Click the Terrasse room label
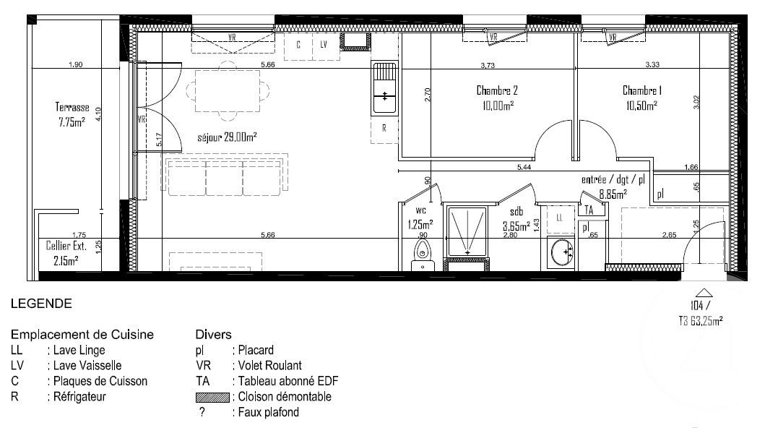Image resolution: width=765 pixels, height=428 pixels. (x=72, y=107)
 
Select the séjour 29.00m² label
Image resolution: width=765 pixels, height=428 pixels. (x=227, y=137)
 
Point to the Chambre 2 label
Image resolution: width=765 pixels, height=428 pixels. (x=497, y=90)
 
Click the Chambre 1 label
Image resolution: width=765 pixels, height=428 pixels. (x=642, y=90)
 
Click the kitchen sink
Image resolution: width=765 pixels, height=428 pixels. (x=384, y=88)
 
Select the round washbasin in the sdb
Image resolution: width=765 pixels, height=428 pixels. (x=561, y=252)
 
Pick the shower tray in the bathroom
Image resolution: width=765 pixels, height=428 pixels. (x=467, y=232)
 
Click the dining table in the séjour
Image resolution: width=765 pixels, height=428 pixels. (x=227, y=91)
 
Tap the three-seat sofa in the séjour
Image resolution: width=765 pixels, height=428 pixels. (x=226, y=176)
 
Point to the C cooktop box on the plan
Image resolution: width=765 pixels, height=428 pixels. (x=298, y=46)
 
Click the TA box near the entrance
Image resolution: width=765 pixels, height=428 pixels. (x=590, y=210)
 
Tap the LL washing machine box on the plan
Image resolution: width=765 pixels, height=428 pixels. (x=560, y=218)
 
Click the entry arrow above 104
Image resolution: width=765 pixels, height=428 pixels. (x=704, y=293)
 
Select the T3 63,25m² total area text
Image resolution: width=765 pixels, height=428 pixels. (x=701, y=320)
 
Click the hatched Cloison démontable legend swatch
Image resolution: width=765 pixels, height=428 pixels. (x=212, y=397)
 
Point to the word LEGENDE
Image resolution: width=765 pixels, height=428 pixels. (x=41, y=304)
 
